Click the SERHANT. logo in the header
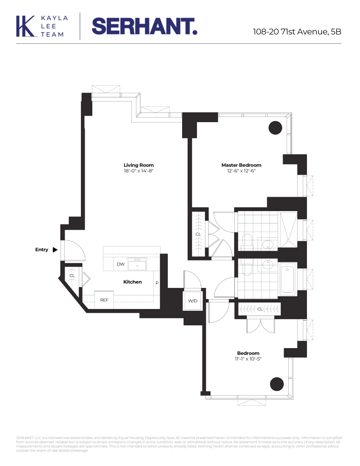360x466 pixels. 144,26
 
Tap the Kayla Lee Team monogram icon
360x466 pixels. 26,26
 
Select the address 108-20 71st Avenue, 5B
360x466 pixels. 297,32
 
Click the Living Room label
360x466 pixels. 138,165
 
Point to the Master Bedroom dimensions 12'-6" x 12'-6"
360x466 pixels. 241,171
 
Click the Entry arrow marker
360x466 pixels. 55,250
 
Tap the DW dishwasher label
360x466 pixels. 121,264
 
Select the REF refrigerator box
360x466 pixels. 104,300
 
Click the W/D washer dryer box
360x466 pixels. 193,301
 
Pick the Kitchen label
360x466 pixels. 132,282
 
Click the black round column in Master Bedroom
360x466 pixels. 276,127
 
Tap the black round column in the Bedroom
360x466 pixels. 277,384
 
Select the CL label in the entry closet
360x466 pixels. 72,276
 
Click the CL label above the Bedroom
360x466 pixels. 260,309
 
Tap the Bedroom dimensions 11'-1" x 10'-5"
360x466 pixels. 248,359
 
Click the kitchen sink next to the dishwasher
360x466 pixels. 137,265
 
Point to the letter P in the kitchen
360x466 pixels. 157,282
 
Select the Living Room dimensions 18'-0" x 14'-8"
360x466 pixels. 138,171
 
